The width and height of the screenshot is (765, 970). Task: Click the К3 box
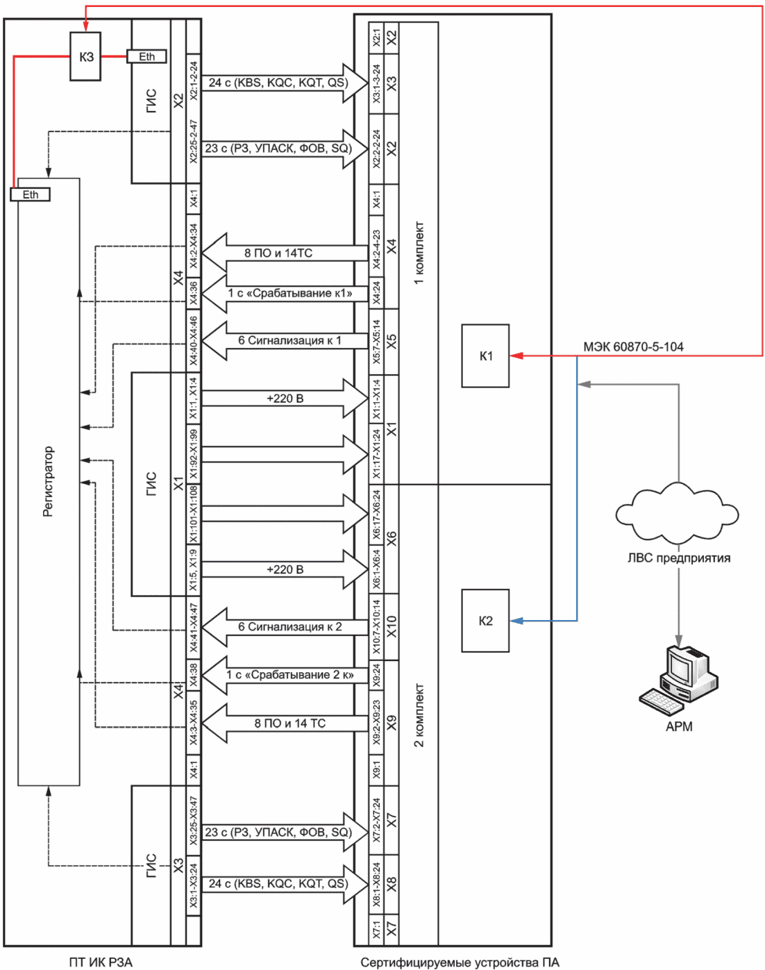click(85, 56)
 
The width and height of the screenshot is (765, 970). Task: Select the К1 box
click(485, 356)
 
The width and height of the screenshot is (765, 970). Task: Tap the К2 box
click(485, 621)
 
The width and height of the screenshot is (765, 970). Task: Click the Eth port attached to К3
click(146, 56)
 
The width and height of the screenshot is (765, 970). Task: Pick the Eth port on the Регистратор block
click(31, 194)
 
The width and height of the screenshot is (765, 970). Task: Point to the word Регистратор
click(48, 481)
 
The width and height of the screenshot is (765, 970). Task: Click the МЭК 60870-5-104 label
click(633, 346)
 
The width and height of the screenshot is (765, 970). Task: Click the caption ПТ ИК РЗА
click(101, 962)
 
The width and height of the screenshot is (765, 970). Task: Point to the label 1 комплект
click(419, 253)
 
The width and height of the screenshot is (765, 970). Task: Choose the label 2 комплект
click(419, 715)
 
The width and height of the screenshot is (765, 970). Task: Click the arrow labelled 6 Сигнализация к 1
click(285, 340)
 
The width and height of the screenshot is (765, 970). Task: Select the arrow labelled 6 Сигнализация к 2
click(285, 626)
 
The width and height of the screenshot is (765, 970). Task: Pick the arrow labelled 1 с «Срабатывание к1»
click(285, 293)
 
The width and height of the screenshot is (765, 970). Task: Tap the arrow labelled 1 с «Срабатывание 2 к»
click(285, 675)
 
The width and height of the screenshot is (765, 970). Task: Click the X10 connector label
click(392, 626)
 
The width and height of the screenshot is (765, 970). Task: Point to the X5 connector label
click(392, 342)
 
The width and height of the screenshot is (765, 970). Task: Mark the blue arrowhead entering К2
click(517, 621)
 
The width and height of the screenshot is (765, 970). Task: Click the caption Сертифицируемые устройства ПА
click(460, 962)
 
